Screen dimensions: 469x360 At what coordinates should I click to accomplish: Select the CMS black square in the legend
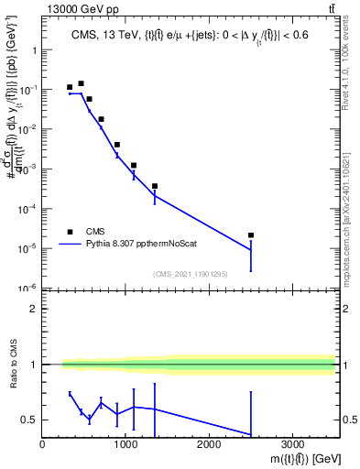[x=70, y=232]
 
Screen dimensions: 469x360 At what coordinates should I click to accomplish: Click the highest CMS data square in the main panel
[x=81, y=83]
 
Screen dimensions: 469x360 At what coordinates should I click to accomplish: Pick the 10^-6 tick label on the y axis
[x=27, y=289]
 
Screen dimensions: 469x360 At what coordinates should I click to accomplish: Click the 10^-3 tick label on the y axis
[x=27, y=169]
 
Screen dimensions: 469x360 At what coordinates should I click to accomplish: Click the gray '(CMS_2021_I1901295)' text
[x=191, y=274]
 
